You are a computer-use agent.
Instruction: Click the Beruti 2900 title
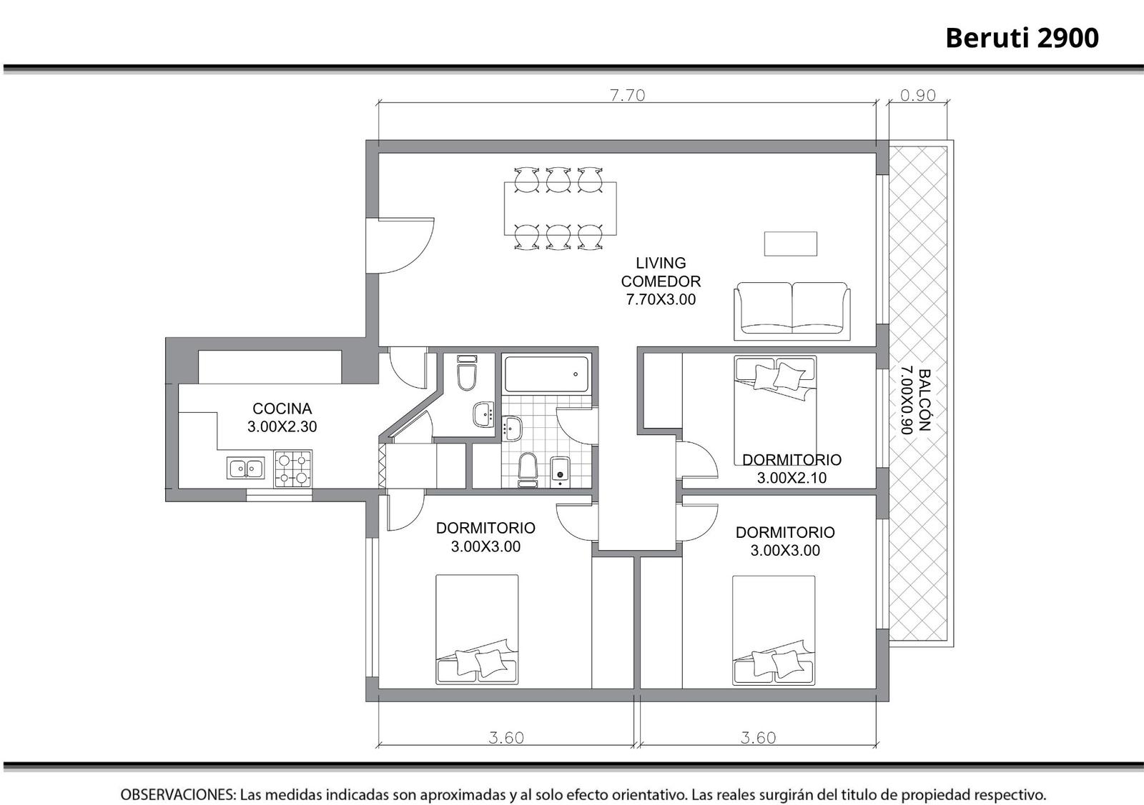(1022, 38)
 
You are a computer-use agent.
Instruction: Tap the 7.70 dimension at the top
(628, 96)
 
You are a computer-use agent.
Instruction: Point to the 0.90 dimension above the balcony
(918, 96)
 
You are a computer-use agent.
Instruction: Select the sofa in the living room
(792, 311)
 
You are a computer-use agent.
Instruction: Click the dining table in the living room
(561, 209)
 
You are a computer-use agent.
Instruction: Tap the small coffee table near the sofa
(791, 244)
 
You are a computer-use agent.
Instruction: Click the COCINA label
(282, 409)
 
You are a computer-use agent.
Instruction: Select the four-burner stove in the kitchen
(293, 469)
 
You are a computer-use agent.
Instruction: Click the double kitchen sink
(246, 468)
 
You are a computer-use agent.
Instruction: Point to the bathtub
(546, 374)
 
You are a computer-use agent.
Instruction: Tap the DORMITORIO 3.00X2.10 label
(792, 469)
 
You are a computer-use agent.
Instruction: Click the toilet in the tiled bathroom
(528, 469)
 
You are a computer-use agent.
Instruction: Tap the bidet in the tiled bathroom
(561, 472)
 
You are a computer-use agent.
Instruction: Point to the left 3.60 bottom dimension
(506, 738)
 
